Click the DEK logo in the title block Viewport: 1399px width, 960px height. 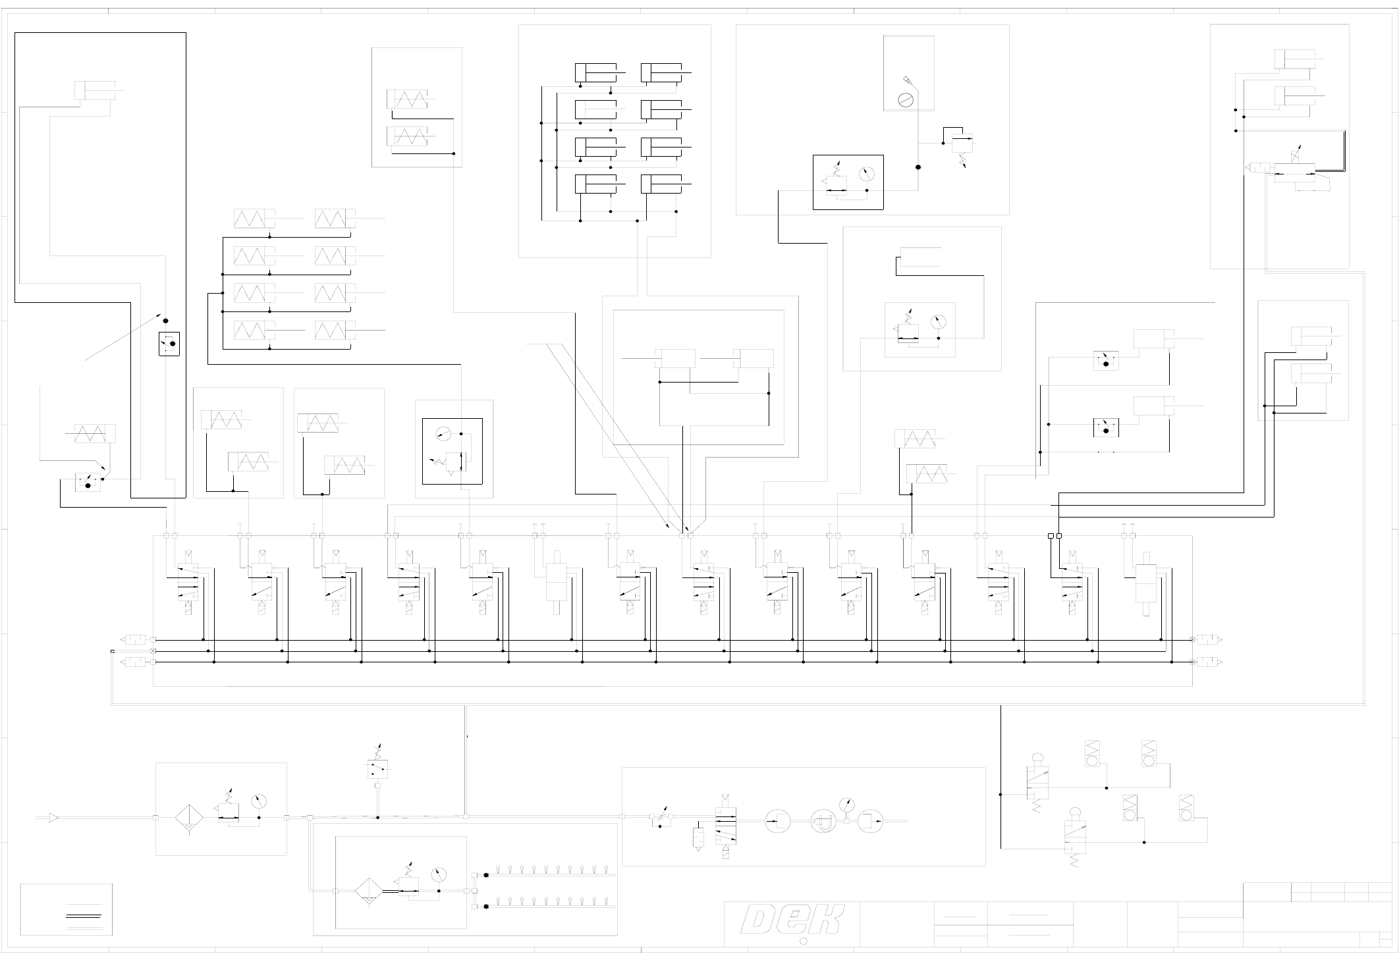point(792,919)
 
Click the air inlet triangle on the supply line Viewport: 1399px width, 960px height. point(53,818)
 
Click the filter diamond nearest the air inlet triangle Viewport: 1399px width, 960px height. point(188,818)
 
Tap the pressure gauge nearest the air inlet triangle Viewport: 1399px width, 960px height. point(259,802)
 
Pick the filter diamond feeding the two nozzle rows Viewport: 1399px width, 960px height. point(368,891)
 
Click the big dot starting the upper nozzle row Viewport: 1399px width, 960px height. point(486,875)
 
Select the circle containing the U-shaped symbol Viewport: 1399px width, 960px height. point(823,822)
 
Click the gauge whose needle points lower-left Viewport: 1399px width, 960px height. point(445,433)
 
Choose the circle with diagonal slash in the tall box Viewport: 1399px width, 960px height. point(906,100)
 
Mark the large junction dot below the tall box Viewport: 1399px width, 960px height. point(918,167)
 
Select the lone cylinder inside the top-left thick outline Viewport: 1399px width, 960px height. point(96,90)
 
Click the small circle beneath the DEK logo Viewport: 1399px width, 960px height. point(803,942)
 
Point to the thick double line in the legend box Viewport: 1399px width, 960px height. point(84,916)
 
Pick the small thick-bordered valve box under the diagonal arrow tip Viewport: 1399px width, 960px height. point(169,344)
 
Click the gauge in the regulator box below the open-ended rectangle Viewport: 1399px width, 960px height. point(939,322)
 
